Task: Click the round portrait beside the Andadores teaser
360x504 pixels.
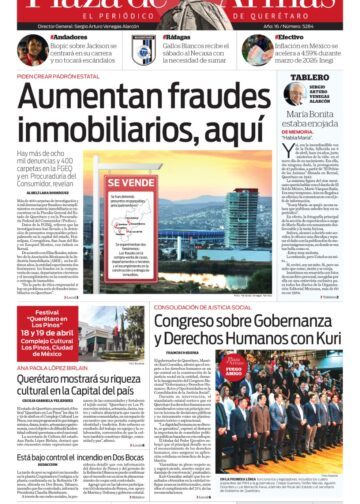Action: point(32,50)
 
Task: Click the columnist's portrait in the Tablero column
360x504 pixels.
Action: point(294,96)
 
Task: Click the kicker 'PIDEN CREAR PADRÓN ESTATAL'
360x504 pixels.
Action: point(60,76)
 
